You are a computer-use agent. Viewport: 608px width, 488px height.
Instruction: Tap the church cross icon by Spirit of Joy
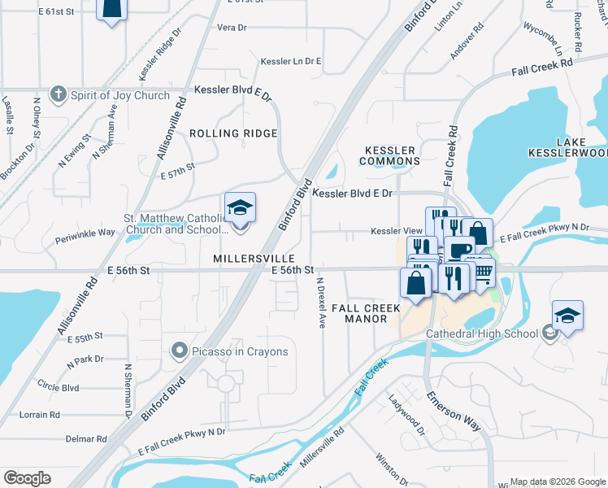pyautogui.click(x=58, y=95)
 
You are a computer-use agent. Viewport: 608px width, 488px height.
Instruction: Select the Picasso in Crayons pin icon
pyautogui.click(x=179, y=351)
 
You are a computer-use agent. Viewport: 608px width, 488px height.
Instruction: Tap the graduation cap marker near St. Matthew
pyautogui.click(x=240, y=210)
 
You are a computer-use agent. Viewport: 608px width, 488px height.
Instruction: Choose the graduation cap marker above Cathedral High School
pyautogui.click(x=567, y=316)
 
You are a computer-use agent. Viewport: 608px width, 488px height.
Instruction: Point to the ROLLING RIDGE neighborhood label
pyautogui.click(x=233, y=133)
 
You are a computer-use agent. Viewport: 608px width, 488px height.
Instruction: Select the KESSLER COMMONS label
pyautogui.click(x=391, y=155)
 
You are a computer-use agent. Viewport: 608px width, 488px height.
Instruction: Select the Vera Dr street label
pyautogui.click(x=232, y=27)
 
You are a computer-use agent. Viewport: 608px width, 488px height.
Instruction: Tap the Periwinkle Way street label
pyautogui.click(x=85, y=232)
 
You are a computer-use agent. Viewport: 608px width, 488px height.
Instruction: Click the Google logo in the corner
pyautogui.click(x=27, y=478)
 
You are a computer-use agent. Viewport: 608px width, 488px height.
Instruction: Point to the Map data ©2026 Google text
pyautogui.click(x=558, y=481)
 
